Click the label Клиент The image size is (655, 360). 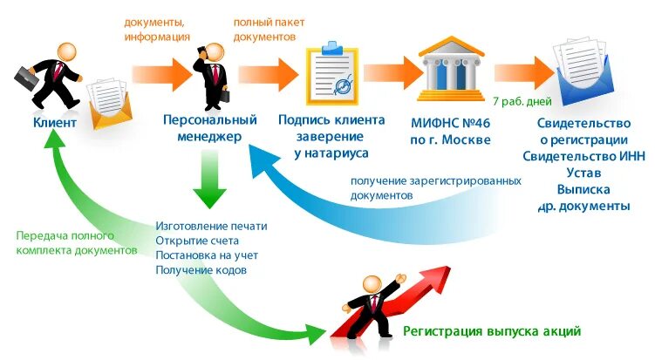(54, 122)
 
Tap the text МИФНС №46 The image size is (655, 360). (451, 122)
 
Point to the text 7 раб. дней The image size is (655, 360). (522, 101)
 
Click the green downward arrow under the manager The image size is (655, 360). (210, 180)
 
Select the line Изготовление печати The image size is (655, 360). (211, 226)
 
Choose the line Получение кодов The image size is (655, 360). (201, 270)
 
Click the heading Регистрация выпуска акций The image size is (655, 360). (491, 332)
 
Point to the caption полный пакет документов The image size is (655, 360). (263, 31)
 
